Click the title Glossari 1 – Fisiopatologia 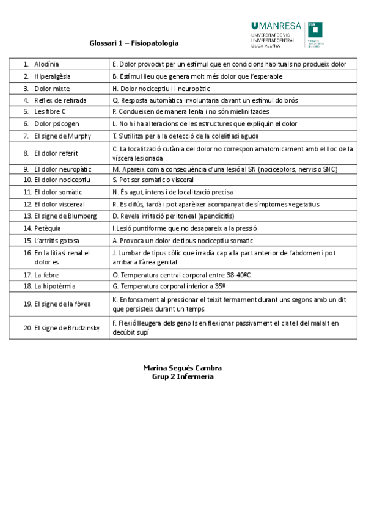pos(134,43)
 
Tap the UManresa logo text pos(276,26)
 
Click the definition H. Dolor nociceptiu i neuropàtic pos(157,89)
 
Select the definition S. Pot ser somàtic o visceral pos(153,181)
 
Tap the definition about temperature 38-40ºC pos(181,275)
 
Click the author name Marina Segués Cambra pos(182,368)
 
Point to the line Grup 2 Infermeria pos(182,377)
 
